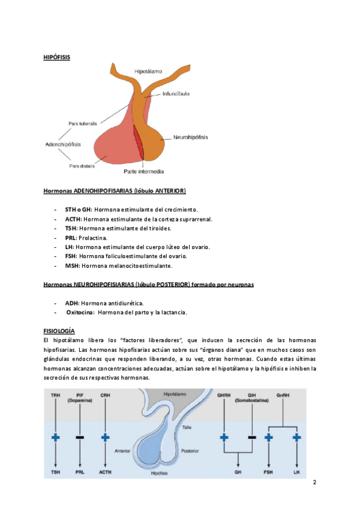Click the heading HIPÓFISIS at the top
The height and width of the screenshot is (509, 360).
pos(56,57)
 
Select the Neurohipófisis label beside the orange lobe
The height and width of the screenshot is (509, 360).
pos(191,137)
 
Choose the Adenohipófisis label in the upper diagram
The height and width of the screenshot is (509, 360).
pos(64,145)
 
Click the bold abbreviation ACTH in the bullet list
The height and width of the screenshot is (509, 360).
pos(73,219)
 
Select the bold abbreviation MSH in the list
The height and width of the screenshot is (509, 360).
pos(72,265)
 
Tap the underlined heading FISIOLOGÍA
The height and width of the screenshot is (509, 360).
pos(59,331)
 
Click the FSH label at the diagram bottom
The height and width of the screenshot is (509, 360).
pos(269,474)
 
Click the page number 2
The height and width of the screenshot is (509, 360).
pos(314,483)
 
